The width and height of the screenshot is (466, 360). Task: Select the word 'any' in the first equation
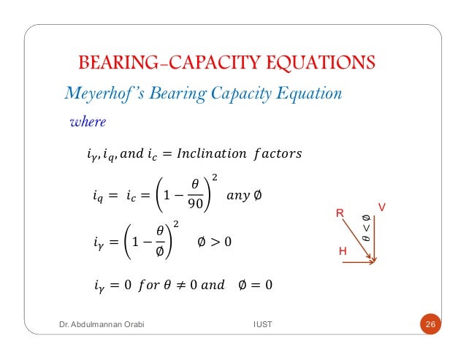pyautogui.click(x=235, y=195)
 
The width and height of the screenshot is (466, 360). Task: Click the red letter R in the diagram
pyautogui.click(x=339, y=213)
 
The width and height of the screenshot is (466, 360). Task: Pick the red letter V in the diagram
pyautogui.click(x=381, y=208)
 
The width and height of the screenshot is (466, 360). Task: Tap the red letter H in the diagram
pyautogui.click(x=341, y=250)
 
